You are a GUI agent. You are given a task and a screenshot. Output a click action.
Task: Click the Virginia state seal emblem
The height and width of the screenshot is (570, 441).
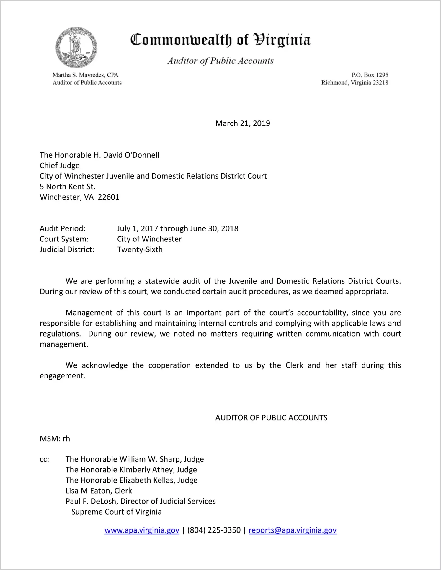pyautogui.click(x=76, y=48)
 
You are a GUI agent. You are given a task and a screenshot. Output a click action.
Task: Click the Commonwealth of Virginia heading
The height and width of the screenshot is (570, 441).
pyautogui.click(x=220, y=40)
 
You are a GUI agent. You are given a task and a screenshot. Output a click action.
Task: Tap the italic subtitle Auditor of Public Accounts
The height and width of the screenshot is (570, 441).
pyautogui.click(x=220, y=61)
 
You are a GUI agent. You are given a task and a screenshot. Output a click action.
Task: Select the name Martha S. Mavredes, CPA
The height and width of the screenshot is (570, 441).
pyautogui.click(x=85, y=75)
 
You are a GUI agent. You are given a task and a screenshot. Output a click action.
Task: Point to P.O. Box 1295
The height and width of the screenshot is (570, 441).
pyautogui.click(x=370, y=75)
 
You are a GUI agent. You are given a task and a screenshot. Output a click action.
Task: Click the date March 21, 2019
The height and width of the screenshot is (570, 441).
pyautogui.click(x=243, y=123)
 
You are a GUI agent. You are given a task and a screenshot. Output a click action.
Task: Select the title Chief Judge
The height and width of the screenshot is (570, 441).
pyautogui.click(x=60, y=166)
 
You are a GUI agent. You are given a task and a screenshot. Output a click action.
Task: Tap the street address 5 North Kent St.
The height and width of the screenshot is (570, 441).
pyautogui.click(x=68, y=187)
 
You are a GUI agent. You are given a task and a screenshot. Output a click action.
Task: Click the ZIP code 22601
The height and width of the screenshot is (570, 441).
pyautogui.click(x=109, y=197)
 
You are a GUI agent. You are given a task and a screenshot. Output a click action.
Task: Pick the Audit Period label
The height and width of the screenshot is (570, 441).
pyautogui.click(x=63, y=228)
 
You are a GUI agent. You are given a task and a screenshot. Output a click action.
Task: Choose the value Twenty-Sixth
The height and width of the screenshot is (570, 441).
pyautogui.click(x=140, y=250)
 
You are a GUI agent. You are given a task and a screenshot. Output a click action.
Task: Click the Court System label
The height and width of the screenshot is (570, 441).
pyautogui.click(x=64, y=239)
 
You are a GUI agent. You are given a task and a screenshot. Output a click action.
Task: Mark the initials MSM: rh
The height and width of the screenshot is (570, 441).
pyautogui.click(x=55, y=439)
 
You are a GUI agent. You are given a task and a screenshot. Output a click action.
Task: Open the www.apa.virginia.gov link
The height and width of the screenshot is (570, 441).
pyautogui.click(x=142, y=530)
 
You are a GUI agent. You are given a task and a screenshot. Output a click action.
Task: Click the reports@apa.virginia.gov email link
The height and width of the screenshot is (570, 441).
pyautogui.click(x=292, y=530)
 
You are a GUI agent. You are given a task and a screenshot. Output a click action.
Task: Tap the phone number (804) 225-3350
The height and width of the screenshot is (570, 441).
pyautogui.click(x=214, y=530)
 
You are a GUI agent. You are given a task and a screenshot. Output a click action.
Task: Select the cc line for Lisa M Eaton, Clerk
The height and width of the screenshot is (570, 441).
pyautogui.click(x=99, y=491)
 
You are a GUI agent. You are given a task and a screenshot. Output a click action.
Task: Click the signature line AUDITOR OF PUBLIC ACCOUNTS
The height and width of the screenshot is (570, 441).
pyautogui.click(x=271, y=418)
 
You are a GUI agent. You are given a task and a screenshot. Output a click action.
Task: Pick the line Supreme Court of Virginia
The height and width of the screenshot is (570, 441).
pyautogui.click(x=116, y=512)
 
